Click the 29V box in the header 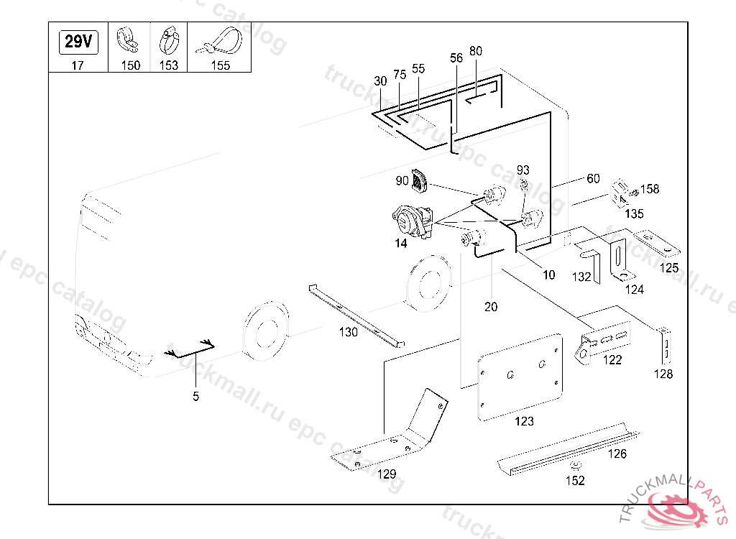point(78,42)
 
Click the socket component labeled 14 point(413,221)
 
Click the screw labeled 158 point(633,192)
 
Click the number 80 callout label point(476,52)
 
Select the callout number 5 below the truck point(195,396)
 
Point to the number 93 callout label point(523,170)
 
